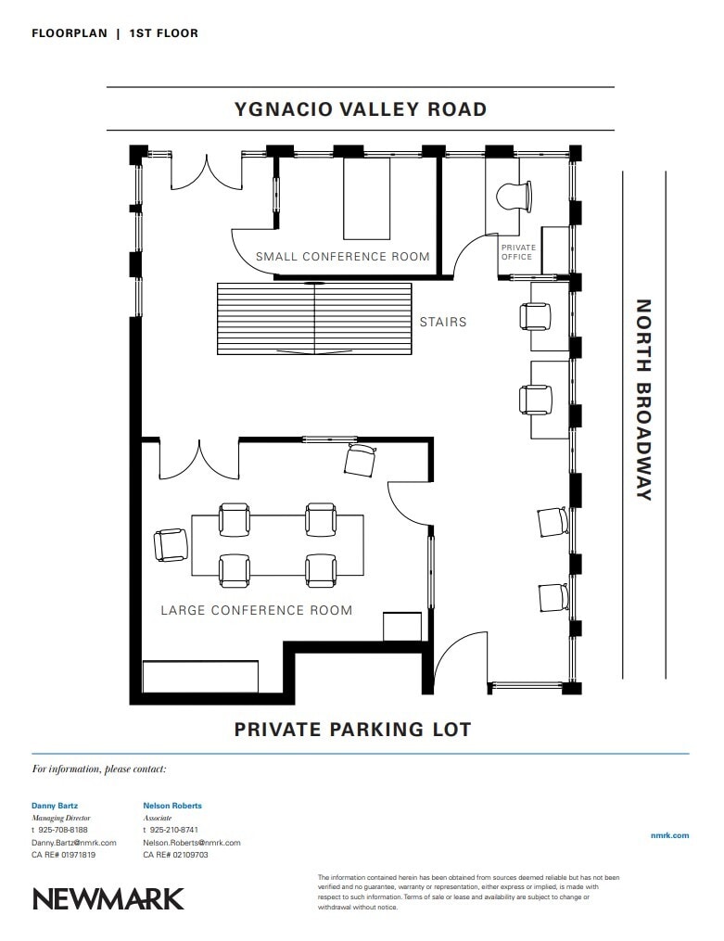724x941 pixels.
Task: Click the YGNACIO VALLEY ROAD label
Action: (361, 109)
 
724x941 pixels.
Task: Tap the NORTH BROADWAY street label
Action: (643, 400)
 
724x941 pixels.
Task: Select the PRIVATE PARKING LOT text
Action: (352, 730)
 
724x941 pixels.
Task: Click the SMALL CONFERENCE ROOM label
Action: (343, 257)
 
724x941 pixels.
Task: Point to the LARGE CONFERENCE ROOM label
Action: (257, 610)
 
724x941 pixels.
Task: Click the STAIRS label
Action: (443, 323)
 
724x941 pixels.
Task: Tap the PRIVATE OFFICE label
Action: (517, 252)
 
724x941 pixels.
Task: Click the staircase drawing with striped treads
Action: (314, 319)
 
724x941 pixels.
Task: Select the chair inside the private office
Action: (514, 197)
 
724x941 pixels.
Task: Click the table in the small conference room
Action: (366, 198)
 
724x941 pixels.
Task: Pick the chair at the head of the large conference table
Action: (171, 545)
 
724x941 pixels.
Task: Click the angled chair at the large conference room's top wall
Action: (361, 460)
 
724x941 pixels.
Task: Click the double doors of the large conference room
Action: (199, 461)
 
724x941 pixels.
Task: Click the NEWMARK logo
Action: (108, 898)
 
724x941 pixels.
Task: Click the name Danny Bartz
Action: (55, 806)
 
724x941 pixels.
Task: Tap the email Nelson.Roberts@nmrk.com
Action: (192, 843)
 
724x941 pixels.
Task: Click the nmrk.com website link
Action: (670, 835)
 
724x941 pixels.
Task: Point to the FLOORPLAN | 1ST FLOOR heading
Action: (115, 33)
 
